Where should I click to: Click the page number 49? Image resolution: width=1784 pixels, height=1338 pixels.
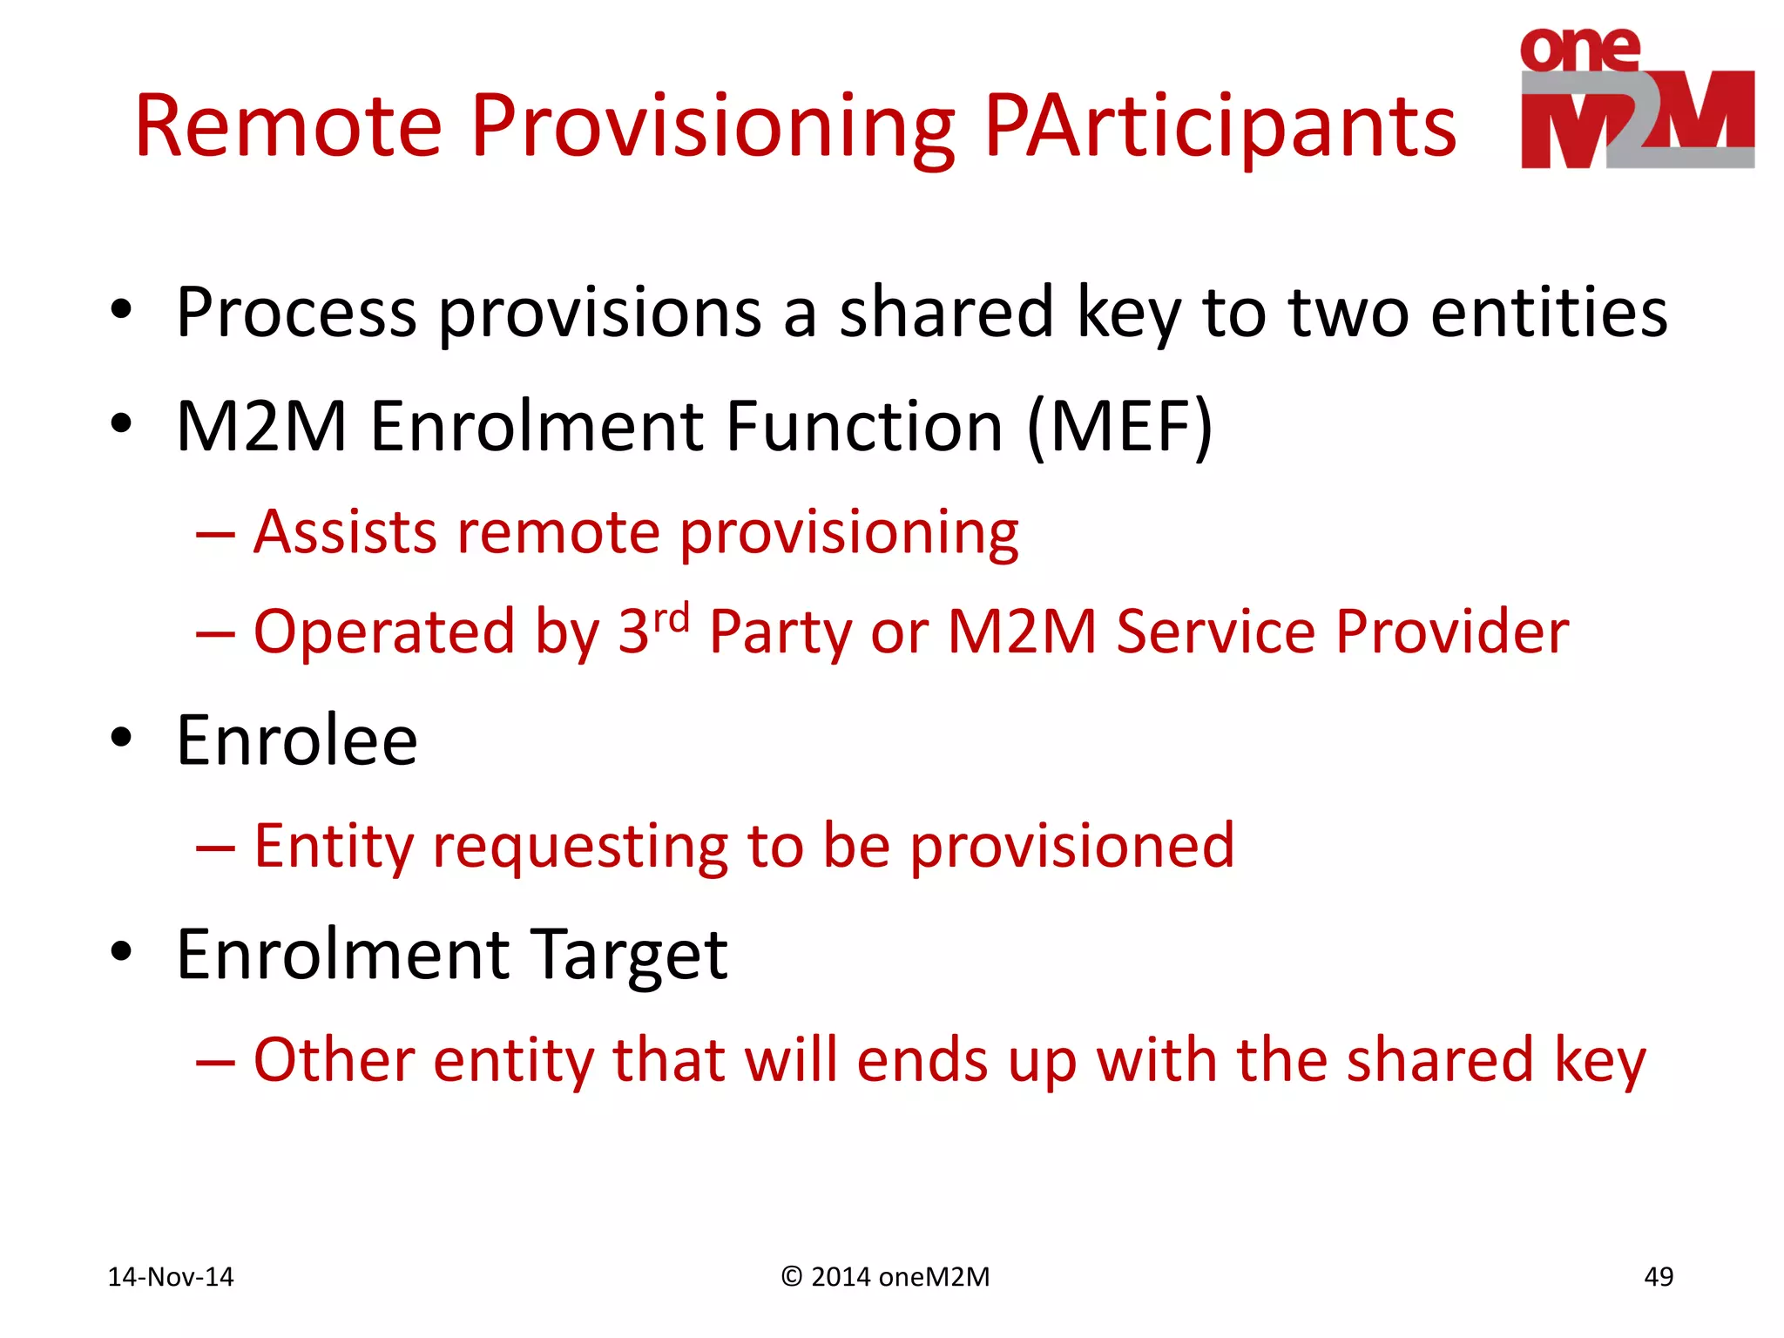tap(1658, 1277)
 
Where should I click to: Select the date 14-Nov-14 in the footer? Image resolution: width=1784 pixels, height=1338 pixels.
tap(171, 1277)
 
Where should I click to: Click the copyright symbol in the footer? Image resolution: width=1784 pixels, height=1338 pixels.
tap(791, 1277)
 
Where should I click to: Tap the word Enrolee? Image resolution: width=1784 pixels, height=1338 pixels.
tap(297, 740)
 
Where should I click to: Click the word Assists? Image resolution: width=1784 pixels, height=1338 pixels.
tap(345, 532)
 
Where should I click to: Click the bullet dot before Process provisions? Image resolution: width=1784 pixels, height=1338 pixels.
tap(121, 309)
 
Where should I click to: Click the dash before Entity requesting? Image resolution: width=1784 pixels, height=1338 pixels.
tap(215, 847)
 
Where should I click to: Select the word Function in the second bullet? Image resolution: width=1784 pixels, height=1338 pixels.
tap(864, 427)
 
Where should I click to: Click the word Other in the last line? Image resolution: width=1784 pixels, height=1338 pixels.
tap(334, 1060)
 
